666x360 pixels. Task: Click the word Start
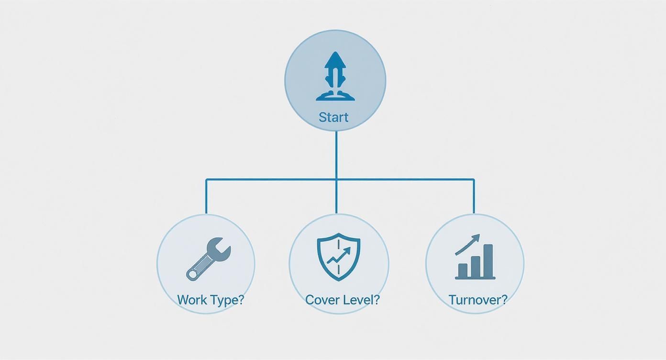(333, 117)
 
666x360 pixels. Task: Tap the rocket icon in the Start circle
(335, 76)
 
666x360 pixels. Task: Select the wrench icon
(209, 259)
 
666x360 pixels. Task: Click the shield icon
(339, 257)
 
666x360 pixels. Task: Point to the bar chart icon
(475, 257)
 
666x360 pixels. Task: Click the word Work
(192, 300)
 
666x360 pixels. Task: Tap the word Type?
(227, 300)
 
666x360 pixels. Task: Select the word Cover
(322, 300)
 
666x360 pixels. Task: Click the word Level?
(361, 300)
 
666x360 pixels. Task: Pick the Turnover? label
(478, 300)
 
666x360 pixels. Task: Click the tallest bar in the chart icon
(488, 261)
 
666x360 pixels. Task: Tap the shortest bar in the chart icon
(463, 270)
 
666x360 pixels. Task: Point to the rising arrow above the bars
(468, 245)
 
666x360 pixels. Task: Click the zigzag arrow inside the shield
(339, 256)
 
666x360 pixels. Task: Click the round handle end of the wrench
(192, 275)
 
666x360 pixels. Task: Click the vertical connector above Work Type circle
(206, 196)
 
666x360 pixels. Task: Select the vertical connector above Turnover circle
(474, 196)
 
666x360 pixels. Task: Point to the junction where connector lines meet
(336, 180)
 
